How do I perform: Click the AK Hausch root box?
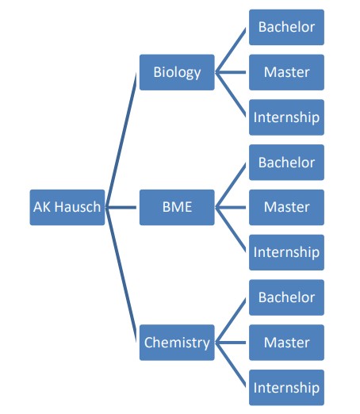point(67,207)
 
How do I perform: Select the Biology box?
point(177,72)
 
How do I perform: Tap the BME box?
point(177,207)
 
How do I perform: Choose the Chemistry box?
point(177,343)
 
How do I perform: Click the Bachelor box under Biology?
point(286,27)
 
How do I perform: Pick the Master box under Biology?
point(286,72)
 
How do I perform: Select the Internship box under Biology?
point(286,117)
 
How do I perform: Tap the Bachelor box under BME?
point(286,163)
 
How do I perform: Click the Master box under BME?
point(286,207)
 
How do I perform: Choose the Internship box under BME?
point(286,252)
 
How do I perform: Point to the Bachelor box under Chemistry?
point(286,297)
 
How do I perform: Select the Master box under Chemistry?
point(286,343)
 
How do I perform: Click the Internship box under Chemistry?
point(286,388)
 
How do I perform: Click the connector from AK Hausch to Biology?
point(121,140)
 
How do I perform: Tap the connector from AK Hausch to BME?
point(121,207)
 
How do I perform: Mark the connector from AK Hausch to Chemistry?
point(121,275)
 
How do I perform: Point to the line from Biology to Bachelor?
point(231,50)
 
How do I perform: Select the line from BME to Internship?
point(231,230)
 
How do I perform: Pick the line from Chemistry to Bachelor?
point(231,320)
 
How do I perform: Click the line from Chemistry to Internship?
point(231,365)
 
